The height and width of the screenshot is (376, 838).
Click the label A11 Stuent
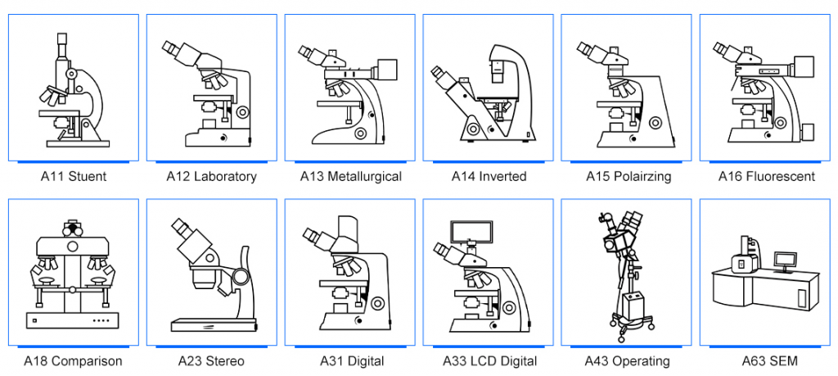click(74, 176)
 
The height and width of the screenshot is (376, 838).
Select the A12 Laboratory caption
click(211, 176)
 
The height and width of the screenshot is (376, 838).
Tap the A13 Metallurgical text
click(350, 176)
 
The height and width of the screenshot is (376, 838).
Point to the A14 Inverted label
click(489, 176)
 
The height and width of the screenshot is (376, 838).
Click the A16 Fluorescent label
click(766, 176)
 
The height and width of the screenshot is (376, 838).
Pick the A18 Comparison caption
click(74, 360)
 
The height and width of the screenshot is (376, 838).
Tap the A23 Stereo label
click(211, 360)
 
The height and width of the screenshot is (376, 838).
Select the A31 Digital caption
click(351, 360)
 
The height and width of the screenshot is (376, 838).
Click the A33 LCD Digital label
click(489, 360)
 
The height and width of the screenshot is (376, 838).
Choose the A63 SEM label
click(766, 360)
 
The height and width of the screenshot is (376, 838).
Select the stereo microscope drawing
click(211, 274)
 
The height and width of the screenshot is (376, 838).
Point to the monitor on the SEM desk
click(785, 260)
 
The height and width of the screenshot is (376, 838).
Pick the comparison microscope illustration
click(74, 274)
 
